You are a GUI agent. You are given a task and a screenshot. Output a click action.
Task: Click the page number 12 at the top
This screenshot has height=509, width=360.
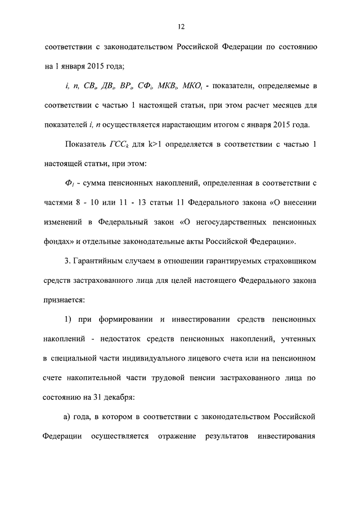click(x=180, y=26)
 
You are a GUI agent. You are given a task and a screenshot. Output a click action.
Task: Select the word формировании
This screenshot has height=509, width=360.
click(x=121, y=320)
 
